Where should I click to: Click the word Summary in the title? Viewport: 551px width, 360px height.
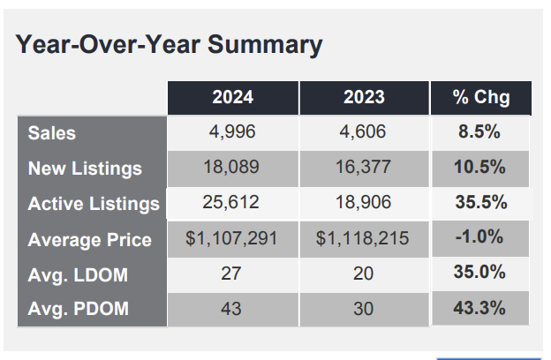click(265, 46)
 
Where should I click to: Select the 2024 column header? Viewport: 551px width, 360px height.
click(232, 97)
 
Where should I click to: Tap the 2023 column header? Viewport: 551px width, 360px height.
click(364, 97)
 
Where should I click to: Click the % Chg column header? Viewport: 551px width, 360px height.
click(481, 97)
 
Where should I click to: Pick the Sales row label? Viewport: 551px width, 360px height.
click(51, 133)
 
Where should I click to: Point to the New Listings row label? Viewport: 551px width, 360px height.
click(85, 169)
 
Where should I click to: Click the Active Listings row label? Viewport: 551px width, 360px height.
click(94, 204)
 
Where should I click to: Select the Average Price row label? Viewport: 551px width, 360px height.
click(89, 240)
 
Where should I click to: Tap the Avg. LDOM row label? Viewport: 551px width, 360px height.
click(78, 275)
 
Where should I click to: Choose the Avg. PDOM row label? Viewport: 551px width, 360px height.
click(78, 309)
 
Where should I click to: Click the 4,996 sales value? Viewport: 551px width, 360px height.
click(232, 132)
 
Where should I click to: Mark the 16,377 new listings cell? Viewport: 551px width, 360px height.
click(363, 167)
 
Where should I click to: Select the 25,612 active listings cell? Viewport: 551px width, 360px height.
click(230, 202)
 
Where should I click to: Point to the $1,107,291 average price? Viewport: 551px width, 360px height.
click(231, 238)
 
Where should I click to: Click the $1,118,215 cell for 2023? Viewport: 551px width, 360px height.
click(362, 238)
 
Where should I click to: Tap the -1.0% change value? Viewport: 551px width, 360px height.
click(479, 236)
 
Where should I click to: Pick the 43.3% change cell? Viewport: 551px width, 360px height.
click(479, 308)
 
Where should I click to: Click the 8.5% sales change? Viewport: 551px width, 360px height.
click(479, 132)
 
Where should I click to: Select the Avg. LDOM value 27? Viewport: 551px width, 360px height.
click(230, 274)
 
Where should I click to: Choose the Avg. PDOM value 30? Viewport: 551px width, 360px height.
click(363, 309)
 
